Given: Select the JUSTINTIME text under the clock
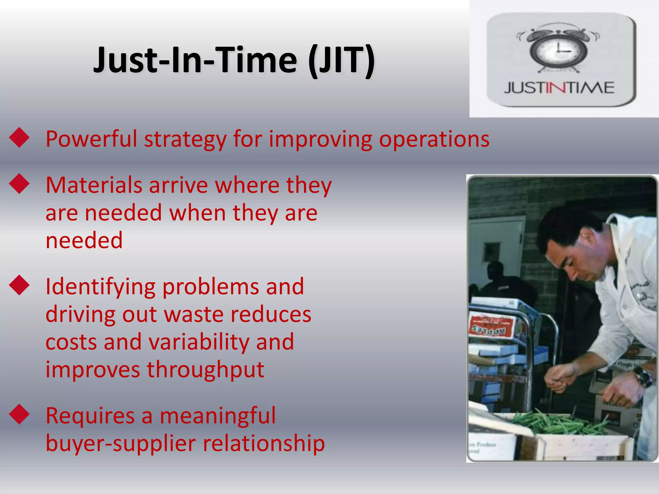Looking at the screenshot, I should point(559,88).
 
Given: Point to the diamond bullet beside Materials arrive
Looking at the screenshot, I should point(19,184).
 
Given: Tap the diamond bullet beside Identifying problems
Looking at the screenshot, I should point(19,285).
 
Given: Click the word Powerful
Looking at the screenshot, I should point(91,139).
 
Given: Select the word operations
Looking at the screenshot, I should point(434,140).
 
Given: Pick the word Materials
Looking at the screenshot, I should point(94,186).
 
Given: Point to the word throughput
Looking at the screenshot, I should point(206,370).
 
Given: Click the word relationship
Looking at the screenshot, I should point(264,444).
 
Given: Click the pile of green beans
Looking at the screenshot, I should point(560,423).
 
